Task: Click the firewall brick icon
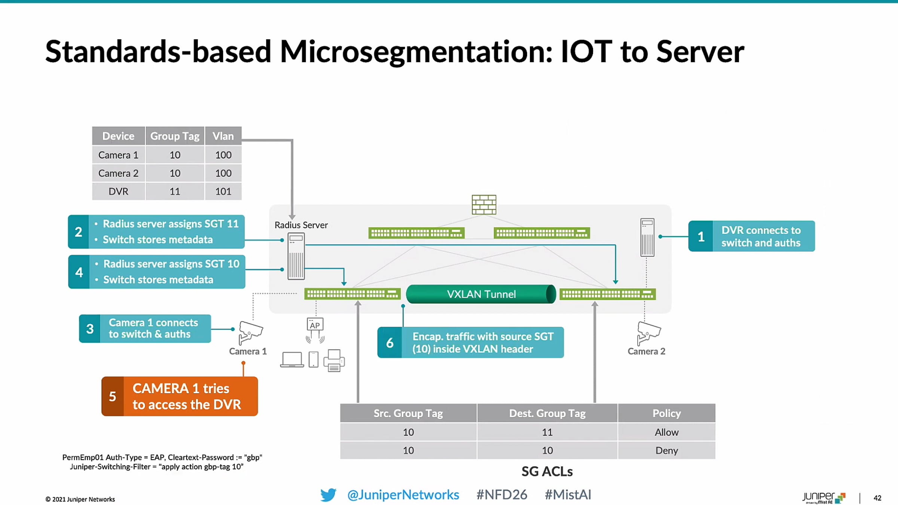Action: pyautogui.click(x=484, y=204)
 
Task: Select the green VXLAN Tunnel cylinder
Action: pyautogui.click(x=481, y=294)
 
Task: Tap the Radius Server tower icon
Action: pyautogui.click(x=296, y=256)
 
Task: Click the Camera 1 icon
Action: pyautogui.click(x=250, y=332)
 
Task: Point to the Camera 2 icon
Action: pyautogui.click(x=649, y=333)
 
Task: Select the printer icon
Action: pyautogui.click(x=334, y=360)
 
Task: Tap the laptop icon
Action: pyautogui.click(x=292, y=359)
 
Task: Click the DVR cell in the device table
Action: pyautogui.click(x=118, y=191)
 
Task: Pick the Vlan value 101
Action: pyautogui.click(x=223, y=191)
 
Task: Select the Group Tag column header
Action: pyautogui.click(x=175, y=136)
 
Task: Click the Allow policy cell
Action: pyautogui.click(x=666, y=432)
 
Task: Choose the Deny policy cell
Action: pyautogui.click(x=666, y=450)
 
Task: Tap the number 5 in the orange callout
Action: pyautogui.click(x=112, y=396)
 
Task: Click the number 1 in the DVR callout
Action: pyautogui.click(x=701, y=236)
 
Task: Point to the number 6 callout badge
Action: pyautogui.click(x=390, y=342)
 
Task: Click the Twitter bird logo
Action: pyautogui.click(x=328, y=495)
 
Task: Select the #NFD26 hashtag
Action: pyautogui.click(x=502, y=495)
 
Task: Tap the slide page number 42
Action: pyautogui.click(x=877, y=498)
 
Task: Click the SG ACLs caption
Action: pyautogui.click(x=547, y=471)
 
